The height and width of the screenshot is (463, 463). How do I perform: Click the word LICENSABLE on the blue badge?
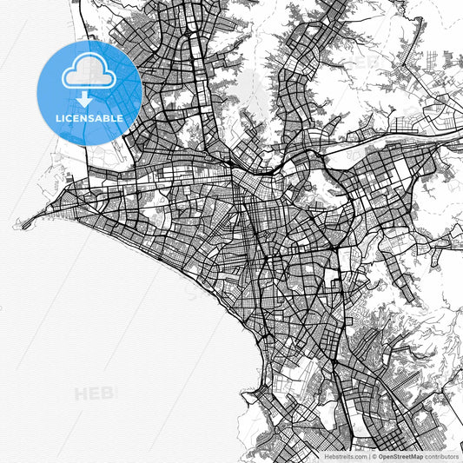click(90, 117)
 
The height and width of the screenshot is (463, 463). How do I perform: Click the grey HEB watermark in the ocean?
click(94, 394)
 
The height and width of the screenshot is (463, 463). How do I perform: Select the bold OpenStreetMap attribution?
click(406, 455)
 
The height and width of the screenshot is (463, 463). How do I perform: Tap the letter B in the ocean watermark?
click(108, 394)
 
